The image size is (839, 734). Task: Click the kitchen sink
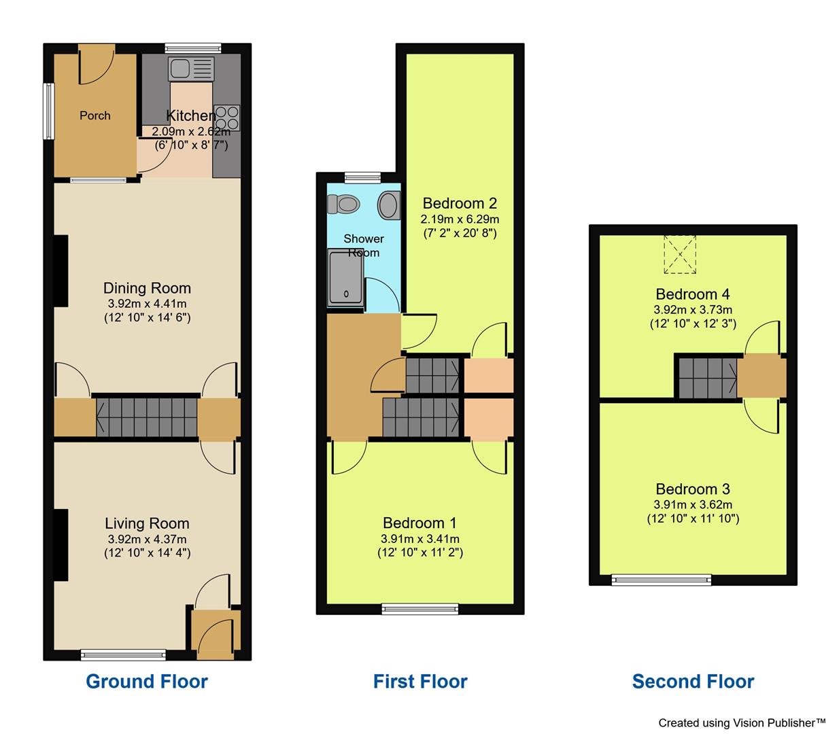coord(191,68)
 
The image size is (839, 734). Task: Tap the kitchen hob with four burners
coord(227,116)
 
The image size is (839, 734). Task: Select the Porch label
coord(95,116)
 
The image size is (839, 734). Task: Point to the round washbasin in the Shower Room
coord(389,205)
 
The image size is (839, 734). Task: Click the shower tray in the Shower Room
coord(346,278)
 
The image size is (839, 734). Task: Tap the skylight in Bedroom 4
coord(680,254)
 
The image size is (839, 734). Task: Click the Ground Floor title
coord(147,682)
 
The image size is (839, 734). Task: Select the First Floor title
coord(420,682)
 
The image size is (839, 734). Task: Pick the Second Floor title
coord(693,682)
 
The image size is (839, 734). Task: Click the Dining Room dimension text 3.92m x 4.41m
coord(147,304)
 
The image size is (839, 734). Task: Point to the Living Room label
coord(147,523)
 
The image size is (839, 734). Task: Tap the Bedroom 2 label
coord(460,203)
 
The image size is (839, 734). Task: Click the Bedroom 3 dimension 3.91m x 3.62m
coord(693,504)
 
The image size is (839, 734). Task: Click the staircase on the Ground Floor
coord(147,417)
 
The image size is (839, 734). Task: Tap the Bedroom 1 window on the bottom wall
coord(420,609)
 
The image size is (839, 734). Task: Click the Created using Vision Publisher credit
coord(742,723)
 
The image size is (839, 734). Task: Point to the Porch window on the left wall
coord(48,111)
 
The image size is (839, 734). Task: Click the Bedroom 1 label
coord(419,523)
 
